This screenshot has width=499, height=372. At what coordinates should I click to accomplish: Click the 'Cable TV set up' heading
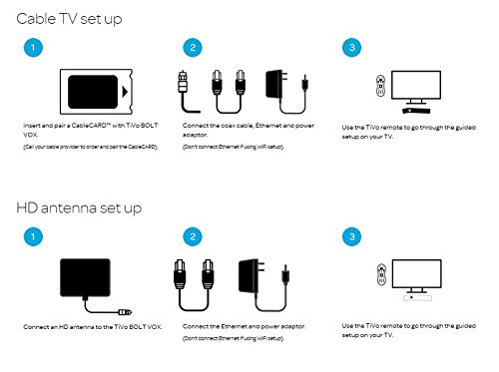click(x=69, y=19)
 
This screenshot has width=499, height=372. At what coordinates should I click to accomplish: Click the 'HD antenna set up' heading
click(x=79, y=208)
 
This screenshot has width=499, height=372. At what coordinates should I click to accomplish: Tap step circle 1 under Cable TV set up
click(x=33, y=48)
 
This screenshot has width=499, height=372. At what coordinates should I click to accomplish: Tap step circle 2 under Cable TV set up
click(x=193, y=48)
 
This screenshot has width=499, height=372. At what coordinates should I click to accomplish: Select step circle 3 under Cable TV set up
click(x=352, y=48)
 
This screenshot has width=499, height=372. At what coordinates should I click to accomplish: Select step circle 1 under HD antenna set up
click(x=33, y=236)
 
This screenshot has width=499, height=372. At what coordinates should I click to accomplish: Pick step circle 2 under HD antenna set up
click(x=193, y=236)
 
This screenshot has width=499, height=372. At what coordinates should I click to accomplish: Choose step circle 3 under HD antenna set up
click(x=352, y=236)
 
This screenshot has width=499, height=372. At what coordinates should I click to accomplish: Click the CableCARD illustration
click(x=96, y=92)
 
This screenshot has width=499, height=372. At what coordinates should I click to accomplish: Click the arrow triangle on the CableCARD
click(x=125, y=92)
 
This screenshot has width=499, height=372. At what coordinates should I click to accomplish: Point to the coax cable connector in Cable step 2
click(x=183, y=82)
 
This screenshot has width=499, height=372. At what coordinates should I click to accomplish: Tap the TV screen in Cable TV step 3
click(x=416, y=85)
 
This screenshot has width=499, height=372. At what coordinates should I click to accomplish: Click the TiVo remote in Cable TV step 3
click(x=380, y=86)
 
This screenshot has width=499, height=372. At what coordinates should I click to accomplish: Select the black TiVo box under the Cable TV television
click(x=416, y=111)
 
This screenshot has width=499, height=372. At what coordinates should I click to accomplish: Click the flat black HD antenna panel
click(x=85, y=277)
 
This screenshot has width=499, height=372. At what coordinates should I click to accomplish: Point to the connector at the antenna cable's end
click(x=125, y=312)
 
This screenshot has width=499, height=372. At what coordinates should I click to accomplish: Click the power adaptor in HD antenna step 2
click(x=251, y=276)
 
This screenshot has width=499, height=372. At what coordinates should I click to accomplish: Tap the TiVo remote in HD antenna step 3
click(x=381, y=274)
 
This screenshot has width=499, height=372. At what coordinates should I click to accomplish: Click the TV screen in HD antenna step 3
click(x=417, y=274)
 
